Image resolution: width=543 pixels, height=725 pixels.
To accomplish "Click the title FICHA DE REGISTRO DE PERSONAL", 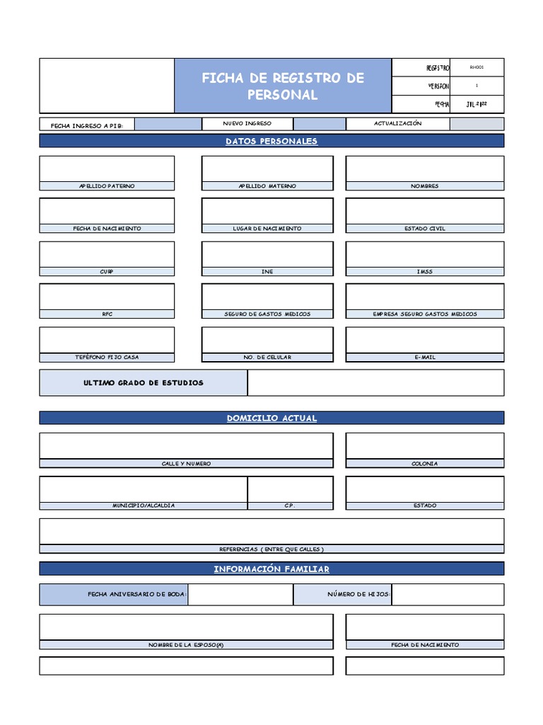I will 283,86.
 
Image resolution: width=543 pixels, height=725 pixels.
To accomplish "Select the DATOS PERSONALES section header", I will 271,141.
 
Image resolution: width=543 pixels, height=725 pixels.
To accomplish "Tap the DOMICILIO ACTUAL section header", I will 271,418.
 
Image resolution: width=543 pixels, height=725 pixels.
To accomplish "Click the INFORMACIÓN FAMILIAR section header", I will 271,569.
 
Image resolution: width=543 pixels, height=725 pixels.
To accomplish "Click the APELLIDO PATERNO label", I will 107,186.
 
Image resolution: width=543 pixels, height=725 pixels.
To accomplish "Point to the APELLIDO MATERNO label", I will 267,186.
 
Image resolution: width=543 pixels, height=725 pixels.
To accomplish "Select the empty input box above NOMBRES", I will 424,169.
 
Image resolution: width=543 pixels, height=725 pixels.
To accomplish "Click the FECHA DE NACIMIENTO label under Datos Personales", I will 107,229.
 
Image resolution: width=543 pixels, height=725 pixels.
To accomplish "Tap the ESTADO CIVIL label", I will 424,229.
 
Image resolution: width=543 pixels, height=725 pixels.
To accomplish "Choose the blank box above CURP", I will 107,254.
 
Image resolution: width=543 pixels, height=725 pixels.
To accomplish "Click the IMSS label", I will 424,272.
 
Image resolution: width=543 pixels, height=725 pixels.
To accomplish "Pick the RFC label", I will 107,314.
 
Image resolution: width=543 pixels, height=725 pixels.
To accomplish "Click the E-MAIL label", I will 424,358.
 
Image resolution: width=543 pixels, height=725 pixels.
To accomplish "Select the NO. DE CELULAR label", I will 267,358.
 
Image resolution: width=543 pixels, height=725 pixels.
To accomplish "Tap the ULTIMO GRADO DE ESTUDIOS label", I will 144,383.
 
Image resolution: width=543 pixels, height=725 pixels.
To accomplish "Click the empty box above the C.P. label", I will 290,489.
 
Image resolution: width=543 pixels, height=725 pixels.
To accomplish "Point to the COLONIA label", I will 424,464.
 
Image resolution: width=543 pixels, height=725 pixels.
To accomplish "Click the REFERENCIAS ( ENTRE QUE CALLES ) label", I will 271,549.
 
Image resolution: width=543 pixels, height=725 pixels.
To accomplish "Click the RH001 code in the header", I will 477,68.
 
